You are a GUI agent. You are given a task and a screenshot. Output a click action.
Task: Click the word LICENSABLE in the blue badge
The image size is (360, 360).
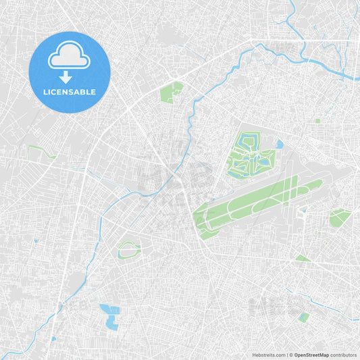click(x=70, y=91)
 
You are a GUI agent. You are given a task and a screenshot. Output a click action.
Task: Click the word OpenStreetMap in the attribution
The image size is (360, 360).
click(x=311, y=355)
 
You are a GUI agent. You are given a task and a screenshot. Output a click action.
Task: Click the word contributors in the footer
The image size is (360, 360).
click(x=343, y=355)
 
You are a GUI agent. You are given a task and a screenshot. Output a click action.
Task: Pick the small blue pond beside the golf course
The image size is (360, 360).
click(x=279, y=144)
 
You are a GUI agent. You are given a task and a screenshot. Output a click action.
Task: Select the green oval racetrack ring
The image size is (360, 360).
click(x=128, y=250)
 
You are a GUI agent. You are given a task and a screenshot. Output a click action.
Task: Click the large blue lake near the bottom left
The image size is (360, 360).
click(x=109, y=316)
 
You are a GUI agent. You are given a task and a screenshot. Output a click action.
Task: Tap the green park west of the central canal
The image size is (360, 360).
click(x=171, y=92)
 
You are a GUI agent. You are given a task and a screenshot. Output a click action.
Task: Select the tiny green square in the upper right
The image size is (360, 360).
click(x=317, y=121)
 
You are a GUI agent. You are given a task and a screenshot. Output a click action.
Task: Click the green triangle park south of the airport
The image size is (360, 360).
click(x=302, y=259)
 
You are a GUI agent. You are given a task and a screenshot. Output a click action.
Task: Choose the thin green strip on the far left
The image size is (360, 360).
click(x=42, y=151)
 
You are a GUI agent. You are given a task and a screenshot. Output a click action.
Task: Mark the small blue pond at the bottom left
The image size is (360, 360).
click(x=53, y=338)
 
